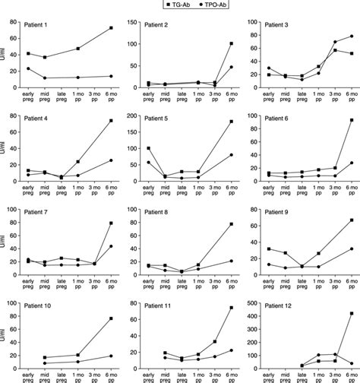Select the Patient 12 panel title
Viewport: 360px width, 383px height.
(281, 302)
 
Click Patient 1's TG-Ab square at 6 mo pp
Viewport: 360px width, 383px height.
(111, 28)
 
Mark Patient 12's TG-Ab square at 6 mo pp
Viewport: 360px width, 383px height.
(351, 313)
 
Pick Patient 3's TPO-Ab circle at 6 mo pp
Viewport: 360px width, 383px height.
(351, 36)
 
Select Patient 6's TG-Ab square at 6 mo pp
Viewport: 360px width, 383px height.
(351, 120)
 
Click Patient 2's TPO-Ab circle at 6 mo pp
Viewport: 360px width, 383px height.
(231, 67)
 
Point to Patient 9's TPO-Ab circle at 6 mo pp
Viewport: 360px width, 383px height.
(351, 248)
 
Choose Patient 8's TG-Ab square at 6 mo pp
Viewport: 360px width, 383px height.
(231, 224)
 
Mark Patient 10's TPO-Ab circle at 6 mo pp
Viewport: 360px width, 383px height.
(111, 356)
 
